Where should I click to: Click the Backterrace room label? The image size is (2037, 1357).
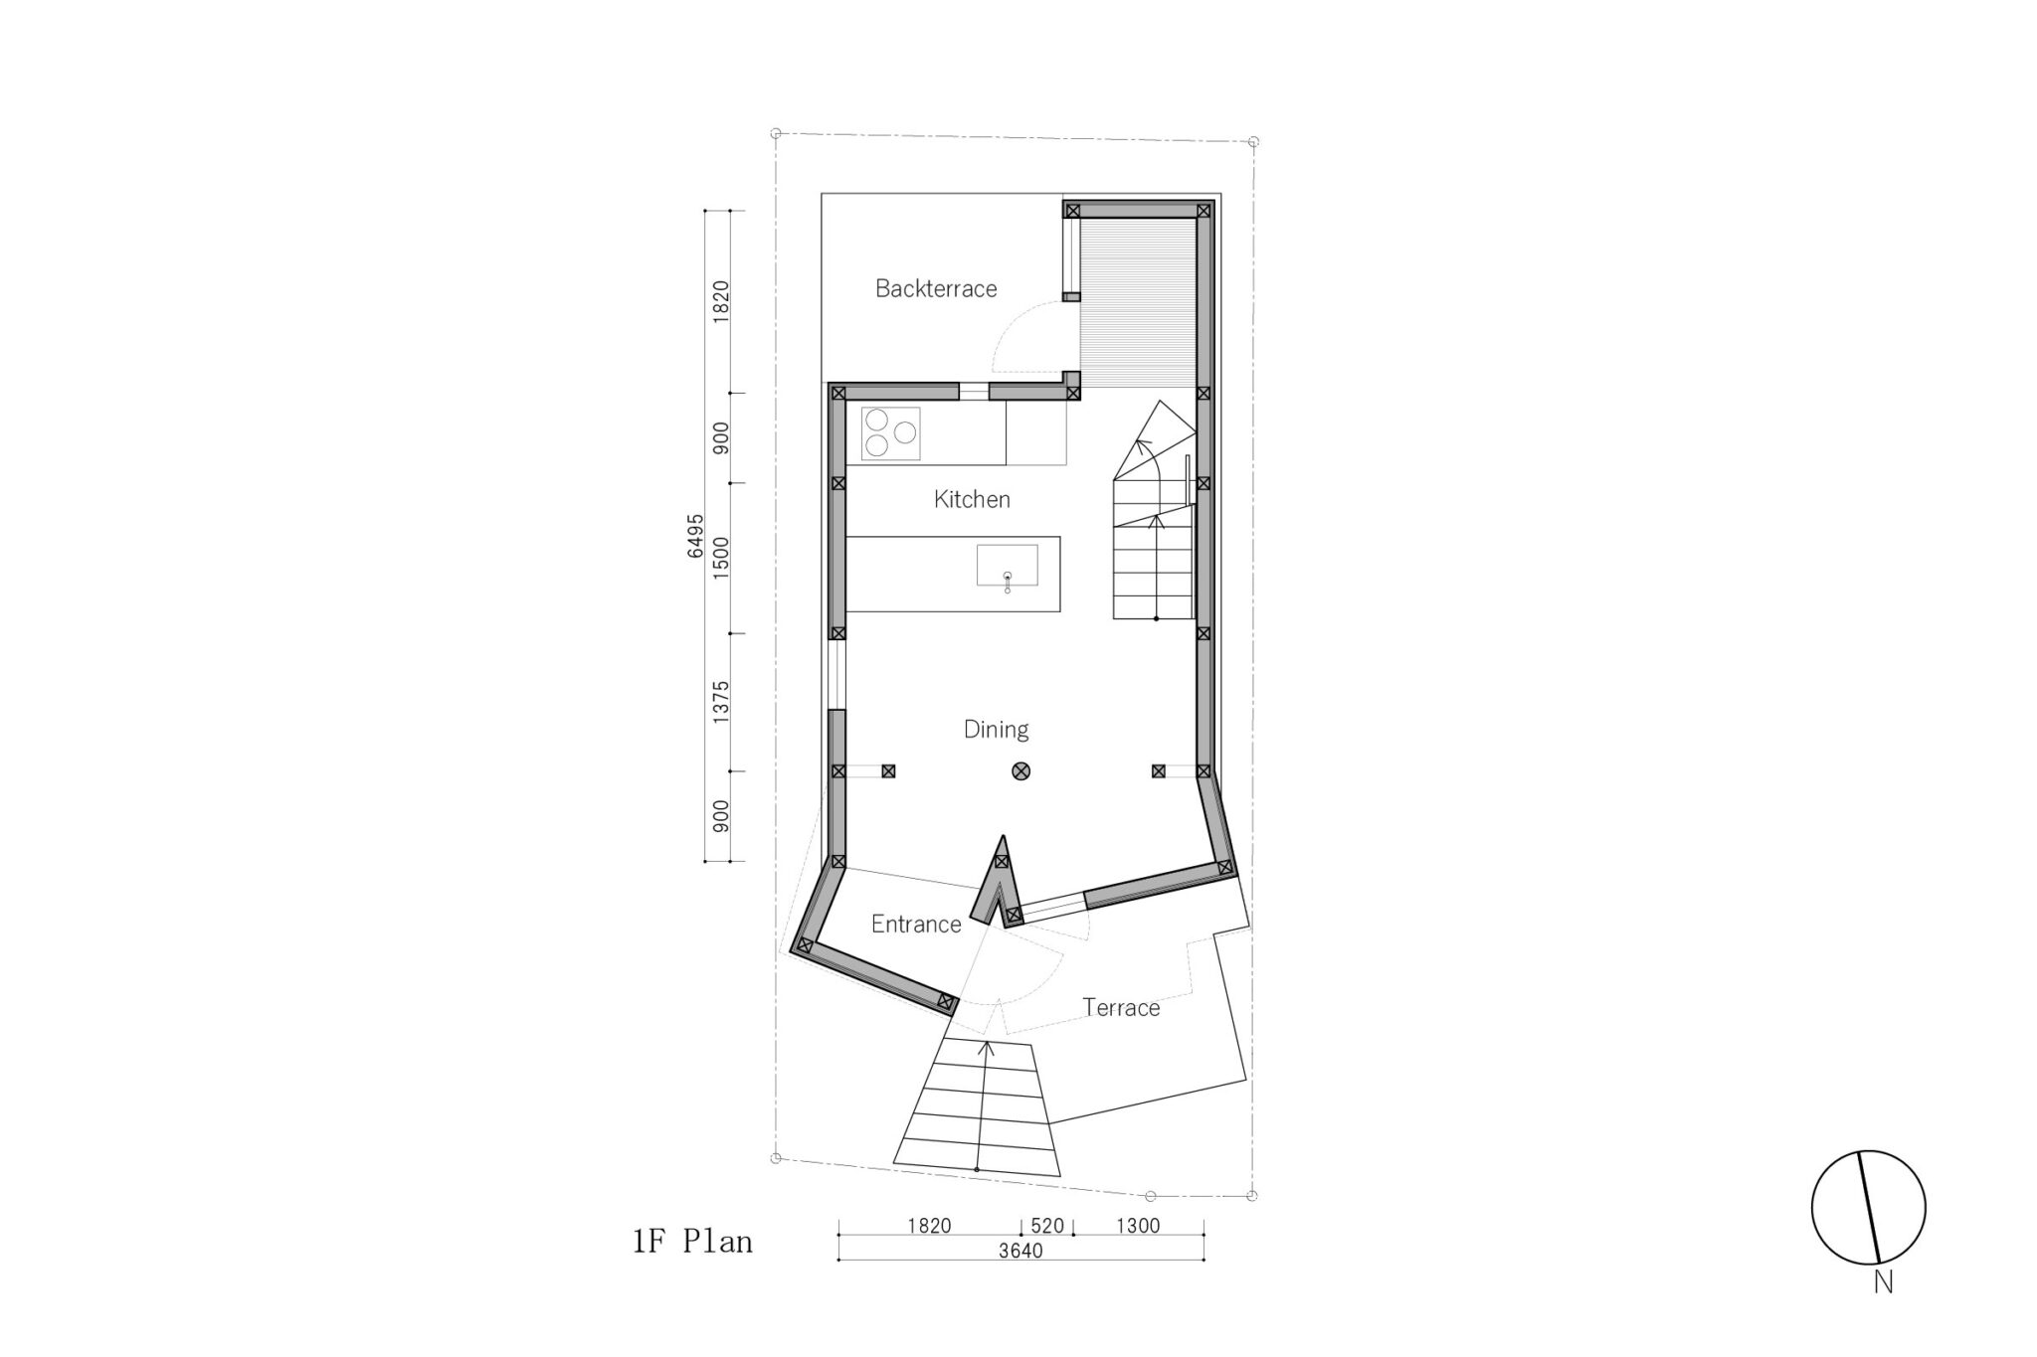936,288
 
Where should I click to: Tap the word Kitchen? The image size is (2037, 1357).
972,499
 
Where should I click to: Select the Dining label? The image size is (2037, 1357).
996,730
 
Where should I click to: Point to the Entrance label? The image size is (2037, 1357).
916,925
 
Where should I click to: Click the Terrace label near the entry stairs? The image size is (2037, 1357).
1121,1008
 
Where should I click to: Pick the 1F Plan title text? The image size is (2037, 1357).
692,1242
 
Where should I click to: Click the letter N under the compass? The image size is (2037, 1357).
1883,1282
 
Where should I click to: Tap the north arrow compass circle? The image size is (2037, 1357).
1869,1208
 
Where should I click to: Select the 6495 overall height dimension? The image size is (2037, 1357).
695,536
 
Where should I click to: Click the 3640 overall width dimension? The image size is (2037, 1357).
1020,1251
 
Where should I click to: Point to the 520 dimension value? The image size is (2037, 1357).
1047,1226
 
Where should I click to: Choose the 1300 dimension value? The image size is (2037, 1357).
1138,1226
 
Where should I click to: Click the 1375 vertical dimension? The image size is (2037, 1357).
721,702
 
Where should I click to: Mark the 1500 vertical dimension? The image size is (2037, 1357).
721,558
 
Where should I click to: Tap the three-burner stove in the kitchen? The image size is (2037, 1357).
890,433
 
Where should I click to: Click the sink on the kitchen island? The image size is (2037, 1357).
1008,566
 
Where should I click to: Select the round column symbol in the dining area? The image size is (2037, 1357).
1020,770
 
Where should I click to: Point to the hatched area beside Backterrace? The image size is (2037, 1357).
1138,303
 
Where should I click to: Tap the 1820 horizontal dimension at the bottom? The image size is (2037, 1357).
929,1226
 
